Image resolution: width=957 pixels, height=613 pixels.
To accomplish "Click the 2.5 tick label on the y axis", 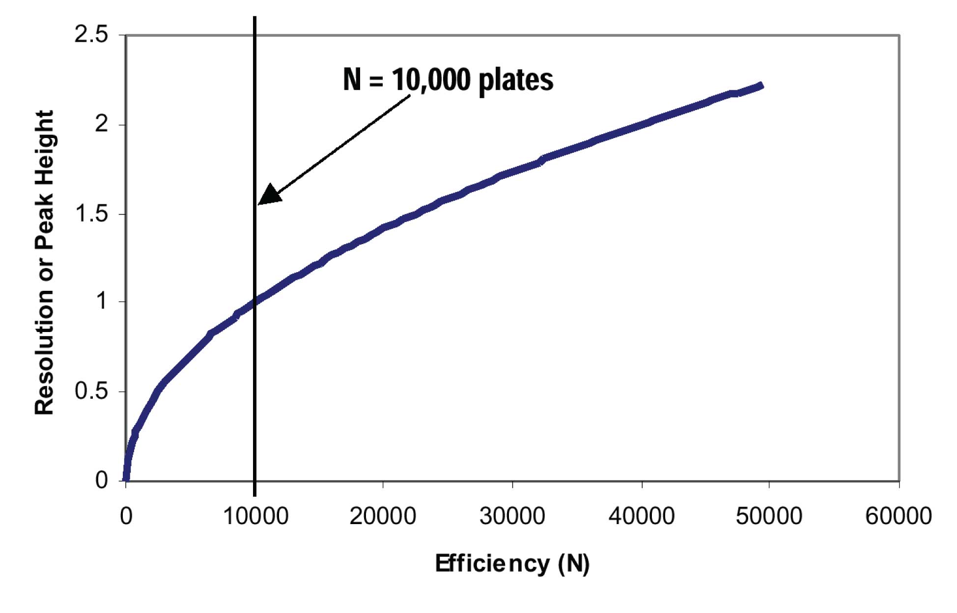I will coord(91,35).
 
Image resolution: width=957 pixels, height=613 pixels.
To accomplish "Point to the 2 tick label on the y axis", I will coord(101,124).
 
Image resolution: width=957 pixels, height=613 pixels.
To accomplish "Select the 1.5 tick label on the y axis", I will coord(91,214).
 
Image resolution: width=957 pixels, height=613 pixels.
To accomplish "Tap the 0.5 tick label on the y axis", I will coord(91,391).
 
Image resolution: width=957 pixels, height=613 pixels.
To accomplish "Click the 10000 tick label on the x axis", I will coord(255,516).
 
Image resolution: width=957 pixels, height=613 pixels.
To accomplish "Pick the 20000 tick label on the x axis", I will coord(383,516).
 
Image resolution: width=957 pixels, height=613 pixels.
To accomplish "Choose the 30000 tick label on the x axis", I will coord(512,516).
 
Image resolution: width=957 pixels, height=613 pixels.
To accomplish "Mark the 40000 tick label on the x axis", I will coord(642,516).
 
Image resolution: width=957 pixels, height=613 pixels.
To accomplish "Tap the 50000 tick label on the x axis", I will coord(769,516).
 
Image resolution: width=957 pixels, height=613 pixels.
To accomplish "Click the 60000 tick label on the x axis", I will coord(898,516).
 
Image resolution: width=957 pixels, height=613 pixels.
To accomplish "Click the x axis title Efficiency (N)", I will coord(512,563).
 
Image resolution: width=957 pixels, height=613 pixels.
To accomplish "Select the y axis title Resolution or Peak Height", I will coord(44,263).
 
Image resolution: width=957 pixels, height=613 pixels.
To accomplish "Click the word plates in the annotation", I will coord(515,80).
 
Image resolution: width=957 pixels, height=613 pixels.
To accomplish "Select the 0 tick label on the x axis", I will coord(126,516).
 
